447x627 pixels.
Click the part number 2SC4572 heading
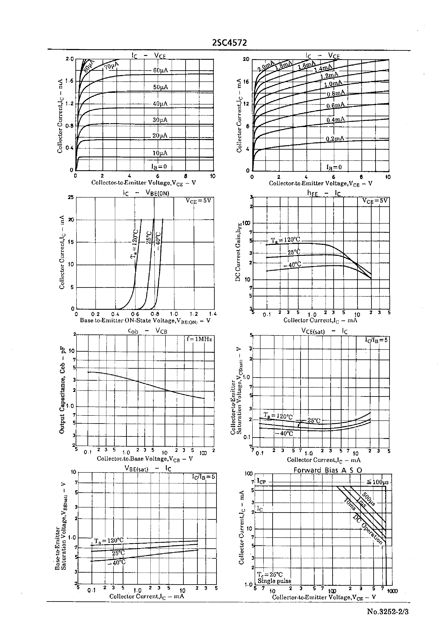click(x=230, y=43)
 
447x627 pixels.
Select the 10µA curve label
click(x=160, y=153)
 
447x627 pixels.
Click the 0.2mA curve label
click(x=335, y=138)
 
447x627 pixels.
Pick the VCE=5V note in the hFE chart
click(x=375, y=201)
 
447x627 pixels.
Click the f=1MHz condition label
click(x=199, y=339)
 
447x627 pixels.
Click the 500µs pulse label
click(x=369, y=499)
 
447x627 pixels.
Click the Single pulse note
click(x=274, y=581)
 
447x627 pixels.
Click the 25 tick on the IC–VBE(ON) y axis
click(x=71, y=197)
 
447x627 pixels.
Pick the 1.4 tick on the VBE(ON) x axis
click(x=213, y=314)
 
